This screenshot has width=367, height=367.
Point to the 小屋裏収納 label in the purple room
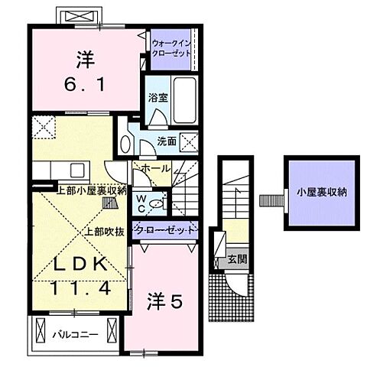pos(321,193)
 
